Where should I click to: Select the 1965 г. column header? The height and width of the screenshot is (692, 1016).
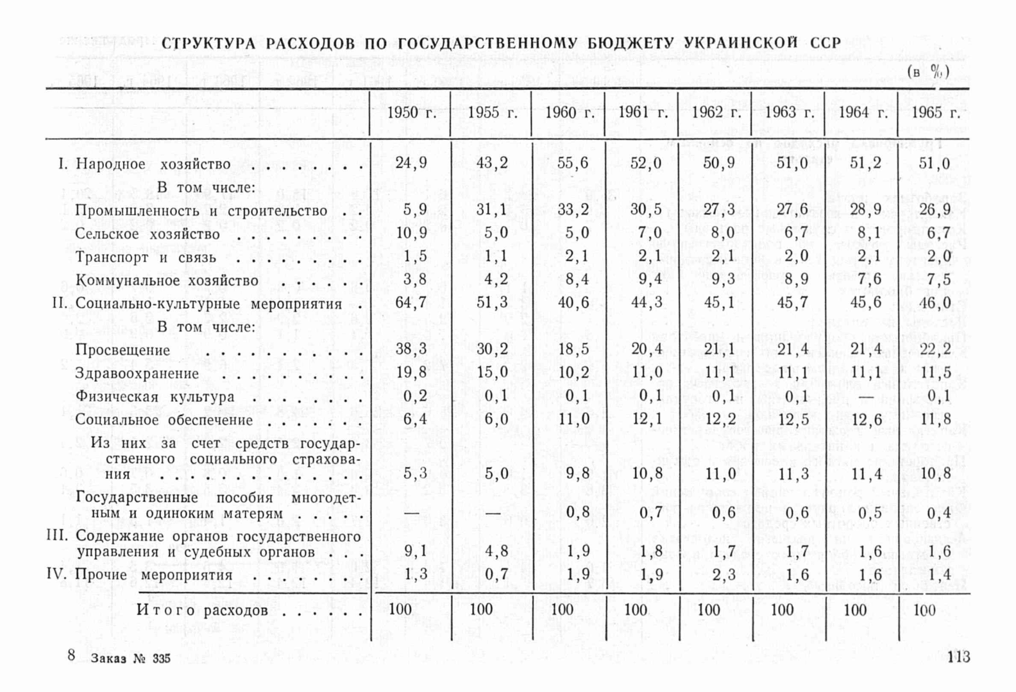(x=935, y=113)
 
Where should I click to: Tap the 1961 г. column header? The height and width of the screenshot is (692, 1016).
(x=643, y=113)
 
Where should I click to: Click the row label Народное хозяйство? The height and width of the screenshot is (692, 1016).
(x=153, y=164)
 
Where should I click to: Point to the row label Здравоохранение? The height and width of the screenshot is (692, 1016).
(x=137, y=374)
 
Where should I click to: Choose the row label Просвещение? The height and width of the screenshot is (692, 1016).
(x=123, y=350)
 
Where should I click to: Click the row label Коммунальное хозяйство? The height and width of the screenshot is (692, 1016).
(x=167, y=281)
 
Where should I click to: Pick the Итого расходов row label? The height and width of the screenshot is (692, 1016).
(x=202, y=610)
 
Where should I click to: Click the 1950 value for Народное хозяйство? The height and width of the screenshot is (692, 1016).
(x=411, y=163)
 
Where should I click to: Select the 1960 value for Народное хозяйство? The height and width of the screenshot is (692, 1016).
(x=573, y=163)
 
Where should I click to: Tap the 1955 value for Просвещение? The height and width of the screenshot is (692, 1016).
(x=492, y=349)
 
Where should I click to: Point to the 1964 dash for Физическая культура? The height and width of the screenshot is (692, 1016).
(x=865, y=397)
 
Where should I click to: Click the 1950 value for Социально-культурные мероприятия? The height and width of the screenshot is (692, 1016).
(x=411, y=302)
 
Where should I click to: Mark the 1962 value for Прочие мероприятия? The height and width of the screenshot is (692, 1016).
(x=724, y=575)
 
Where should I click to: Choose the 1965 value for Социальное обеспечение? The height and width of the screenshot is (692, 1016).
(x=935, y=420)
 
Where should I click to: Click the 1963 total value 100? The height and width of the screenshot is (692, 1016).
(x=783, y=609)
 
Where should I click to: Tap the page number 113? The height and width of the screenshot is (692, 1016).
(x=959, y=657)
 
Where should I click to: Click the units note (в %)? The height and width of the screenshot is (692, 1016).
(x=928, y=71)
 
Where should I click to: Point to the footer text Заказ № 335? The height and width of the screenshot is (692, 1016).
(x=131, y=659)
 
